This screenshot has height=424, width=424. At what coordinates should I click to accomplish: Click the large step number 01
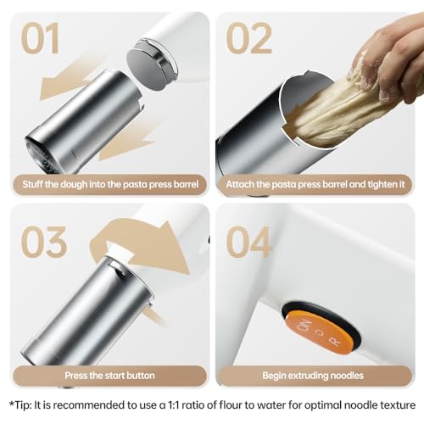click(x=43, y=39)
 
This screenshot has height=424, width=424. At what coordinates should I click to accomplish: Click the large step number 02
click(x=248, y=39)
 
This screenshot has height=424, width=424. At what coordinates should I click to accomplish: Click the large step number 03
click(x=43, y=243)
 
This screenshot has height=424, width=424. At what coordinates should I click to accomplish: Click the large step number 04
click(x=248, y=243)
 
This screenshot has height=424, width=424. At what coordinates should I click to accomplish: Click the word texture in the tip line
click(x=393, y=404)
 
